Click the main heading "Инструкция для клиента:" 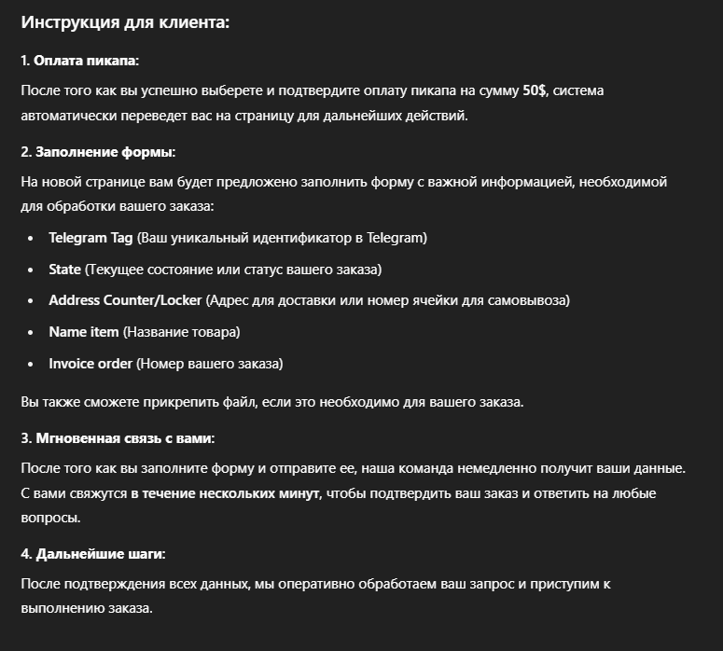tap(125, 22)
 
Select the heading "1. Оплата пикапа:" tap(79, 61)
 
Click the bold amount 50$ tap(535, 90)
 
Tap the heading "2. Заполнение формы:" tap(98, 151)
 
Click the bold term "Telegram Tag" tap(91, 238)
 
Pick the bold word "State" tap(65, 270)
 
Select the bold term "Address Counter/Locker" tap(125, 300)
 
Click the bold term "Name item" tap(84, 332)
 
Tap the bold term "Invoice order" tap(90, 363)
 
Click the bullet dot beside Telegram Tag tap(31, 239)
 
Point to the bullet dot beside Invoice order tap(31, 364)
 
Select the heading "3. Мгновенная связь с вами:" tap(118, 437)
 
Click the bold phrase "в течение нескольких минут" tap(225, 492)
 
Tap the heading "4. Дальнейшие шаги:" tap(93, 554)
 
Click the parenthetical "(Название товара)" tap(182, 332)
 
